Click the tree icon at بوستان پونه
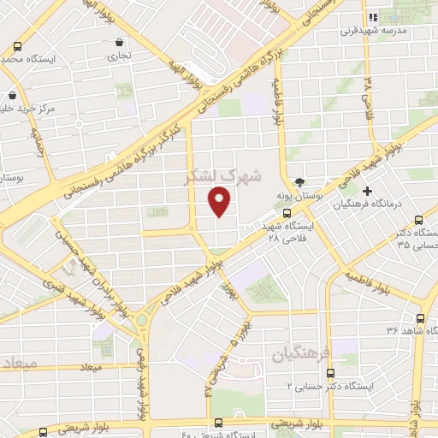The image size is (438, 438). tap(299, 182)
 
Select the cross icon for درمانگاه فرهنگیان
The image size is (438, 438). tap(369, 190)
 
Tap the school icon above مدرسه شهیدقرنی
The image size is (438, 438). tap(373, 17)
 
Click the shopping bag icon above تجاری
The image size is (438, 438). tap(118, 42)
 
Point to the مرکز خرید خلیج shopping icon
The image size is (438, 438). tap(12, 96)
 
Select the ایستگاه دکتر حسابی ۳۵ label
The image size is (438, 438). tap(416, 239)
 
